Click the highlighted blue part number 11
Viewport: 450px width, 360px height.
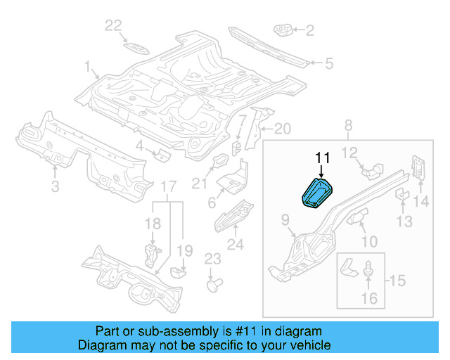tap(317, 193)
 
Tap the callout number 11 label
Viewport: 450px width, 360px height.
tap(322, 157)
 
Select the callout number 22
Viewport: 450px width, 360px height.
tap(113, 27)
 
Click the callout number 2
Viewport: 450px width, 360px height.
tap(310, 30)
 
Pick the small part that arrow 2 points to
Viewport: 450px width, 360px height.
tap(282, 30)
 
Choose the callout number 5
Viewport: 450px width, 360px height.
tap(328, 64)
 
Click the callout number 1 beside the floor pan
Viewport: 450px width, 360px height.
tap(88, 68)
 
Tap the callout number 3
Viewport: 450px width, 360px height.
tap(55, 186)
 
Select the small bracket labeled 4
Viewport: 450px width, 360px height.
tap(161, 154)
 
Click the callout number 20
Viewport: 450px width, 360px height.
tap(281, 129)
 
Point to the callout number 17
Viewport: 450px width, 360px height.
tap(167, 186)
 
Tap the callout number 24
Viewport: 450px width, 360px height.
tap(234, 245)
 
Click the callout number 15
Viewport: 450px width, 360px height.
tap(397, 281)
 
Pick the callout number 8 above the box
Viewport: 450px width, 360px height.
tap(347, 126)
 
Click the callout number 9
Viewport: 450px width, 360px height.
tap(286, 221)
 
